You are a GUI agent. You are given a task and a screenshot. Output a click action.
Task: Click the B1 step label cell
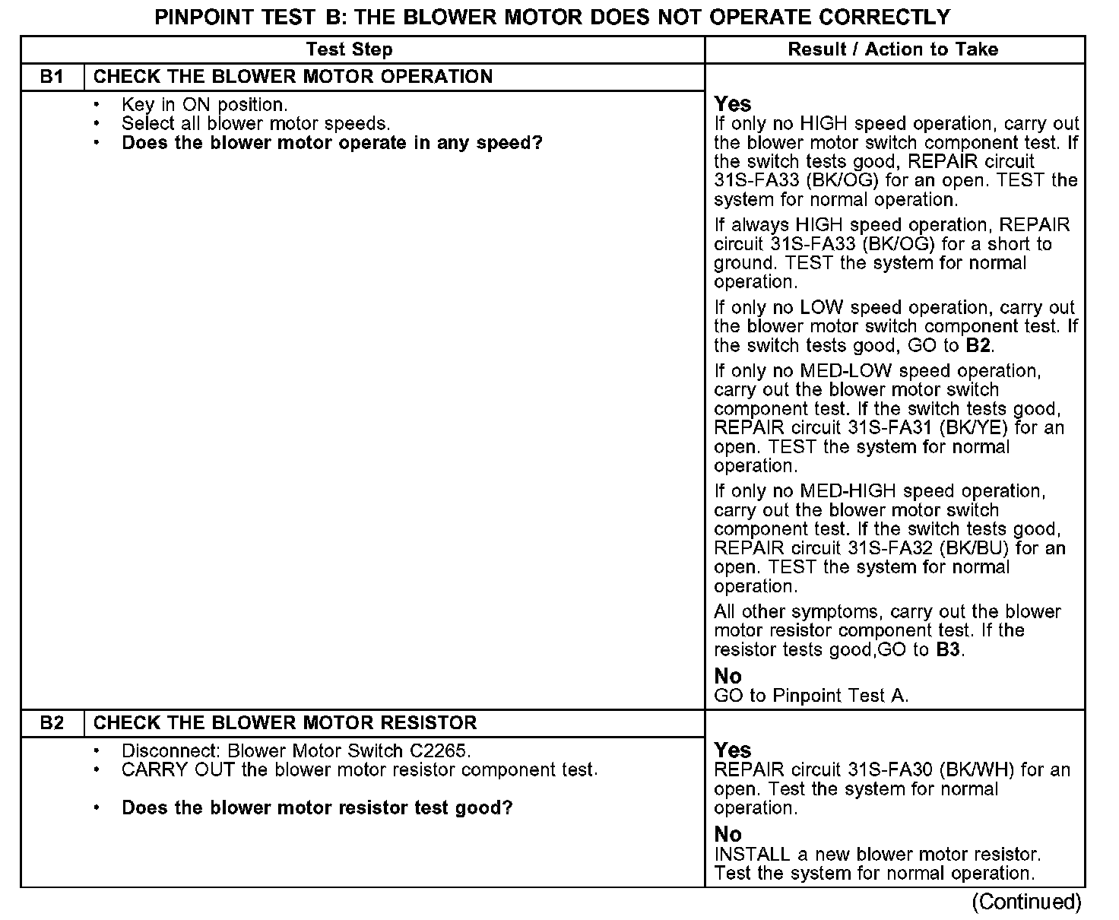coord(52,77)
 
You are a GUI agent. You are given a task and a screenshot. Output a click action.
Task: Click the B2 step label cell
coord(52,723)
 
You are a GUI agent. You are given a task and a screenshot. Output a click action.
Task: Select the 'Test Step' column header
coord(349,50)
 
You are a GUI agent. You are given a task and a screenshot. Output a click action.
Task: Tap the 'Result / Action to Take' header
coord(892,50)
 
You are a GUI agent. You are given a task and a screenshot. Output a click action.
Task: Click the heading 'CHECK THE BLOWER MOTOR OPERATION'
coord(293,77)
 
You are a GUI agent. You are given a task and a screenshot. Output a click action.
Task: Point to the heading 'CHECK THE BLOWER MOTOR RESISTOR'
coord(285,723)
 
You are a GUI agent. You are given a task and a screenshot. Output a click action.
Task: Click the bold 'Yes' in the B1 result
coord(733,104)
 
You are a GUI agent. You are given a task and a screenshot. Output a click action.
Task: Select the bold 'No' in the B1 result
coord(728,676)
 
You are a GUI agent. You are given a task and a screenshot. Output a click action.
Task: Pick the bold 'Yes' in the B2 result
coord(733,750)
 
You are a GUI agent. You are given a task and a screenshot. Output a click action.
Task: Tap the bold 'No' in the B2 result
coord(728,834)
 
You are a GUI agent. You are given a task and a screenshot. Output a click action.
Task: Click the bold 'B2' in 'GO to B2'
coord(978,346)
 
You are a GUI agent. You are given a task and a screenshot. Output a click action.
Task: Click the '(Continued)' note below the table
coord(1026,903)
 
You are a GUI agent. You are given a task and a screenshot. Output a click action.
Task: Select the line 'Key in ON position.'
coord(204,105)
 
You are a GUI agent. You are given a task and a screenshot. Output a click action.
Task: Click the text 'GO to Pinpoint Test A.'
coord(811,696)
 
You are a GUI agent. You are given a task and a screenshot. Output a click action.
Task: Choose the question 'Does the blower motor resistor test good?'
coord(317,808)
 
